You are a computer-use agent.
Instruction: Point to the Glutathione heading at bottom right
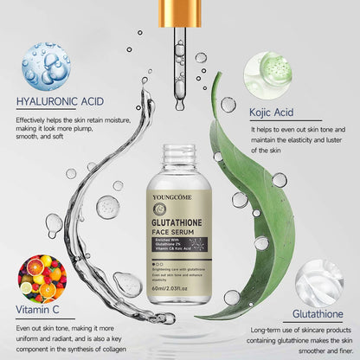[318, 313]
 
